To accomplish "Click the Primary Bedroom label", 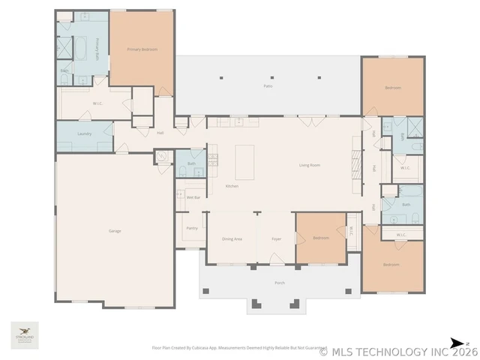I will click(142, 49).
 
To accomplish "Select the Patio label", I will click(268, 87).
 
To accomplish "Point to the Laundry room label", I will click(84, 133).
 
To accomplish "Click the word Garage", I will click(115, 231).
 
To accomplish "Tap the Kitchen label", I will click(232, 186).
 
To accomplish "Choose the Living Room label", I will click(310, 165).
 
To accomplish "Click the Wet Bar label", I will click(193, 197).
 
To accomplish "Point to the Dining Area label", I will click(232, 238).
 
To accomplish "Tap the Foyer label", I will click(276, 238).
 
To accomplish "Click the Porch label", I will click(279, 283).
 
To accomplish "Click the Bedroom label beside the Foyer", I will click(320, 238).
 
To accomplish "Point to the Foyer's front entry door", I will click(276, 264).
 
